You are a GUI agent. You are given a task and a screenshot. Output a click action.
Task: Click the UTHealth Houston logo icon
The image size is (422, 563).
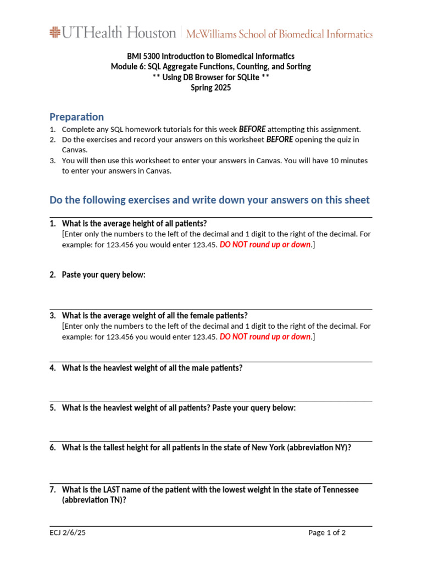(x=55, y=32)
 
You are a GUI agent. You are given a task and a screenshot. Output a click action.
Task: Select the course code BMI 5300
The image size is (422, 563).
(x=142, y=56)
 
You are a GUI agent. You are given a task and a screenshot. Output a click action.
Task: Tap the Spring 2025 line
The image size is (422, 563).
(x=210, y=87)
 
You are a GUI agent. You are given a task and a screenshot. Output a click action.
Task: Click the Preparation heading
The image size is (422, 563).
(x=76, y=117)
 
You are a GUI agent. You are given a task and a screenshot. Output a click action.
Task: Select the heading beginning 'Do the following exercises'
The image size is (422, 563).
(x=209, y=200)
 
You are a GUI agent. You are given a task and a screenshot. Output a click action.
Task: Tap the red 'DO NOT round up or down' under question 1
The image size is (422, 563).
(x=265, y=245)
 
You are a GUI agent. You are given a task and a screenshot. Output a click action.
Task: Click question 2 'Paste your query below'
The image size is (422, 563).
(x=103, y=274)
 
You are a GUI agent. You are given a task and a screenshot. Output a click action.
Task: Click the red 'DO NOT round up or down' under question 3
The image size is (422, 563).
(x=265, y=336)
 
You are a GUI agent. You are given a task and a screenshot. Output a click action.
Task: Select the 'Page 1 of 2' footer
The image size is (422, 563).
(x=327, y=532)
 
